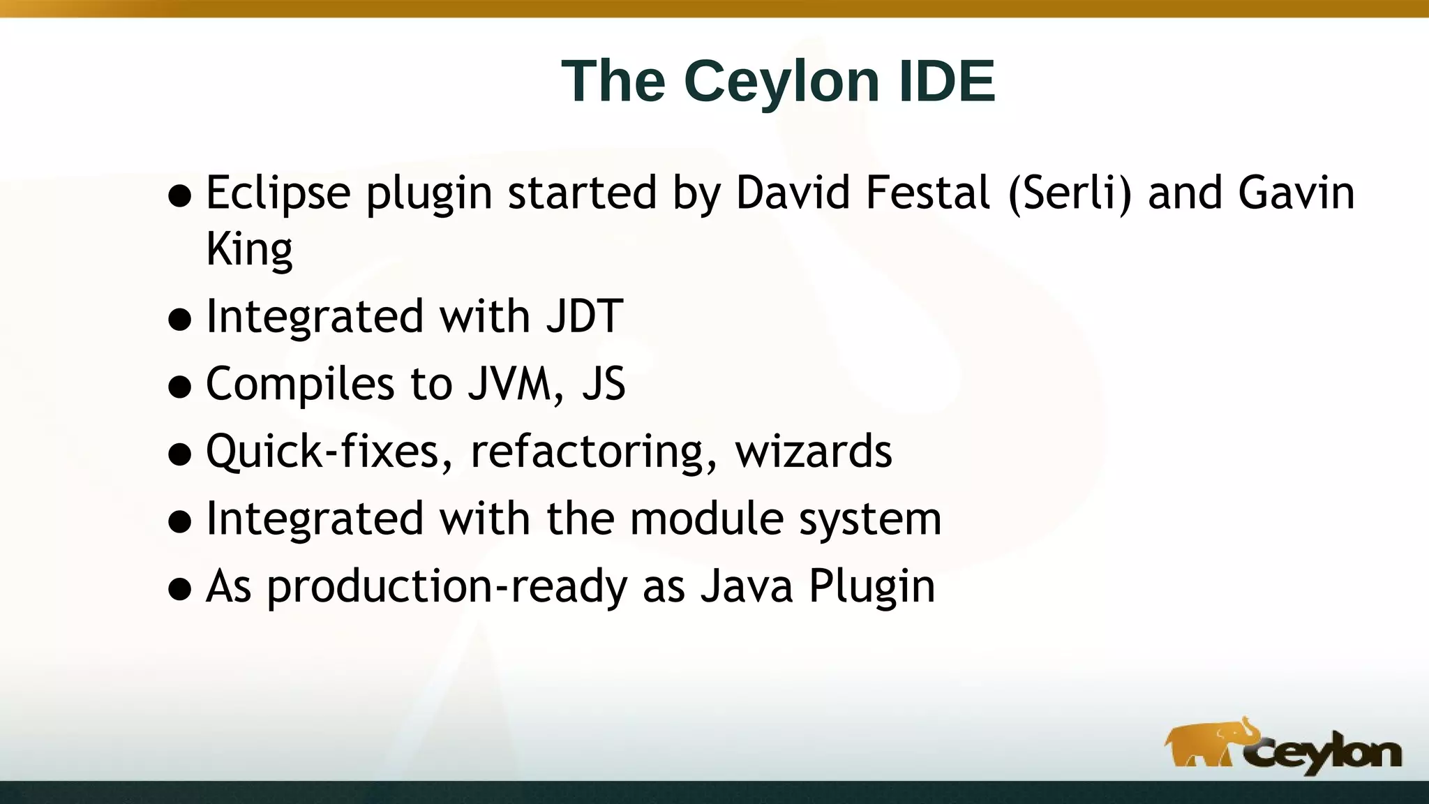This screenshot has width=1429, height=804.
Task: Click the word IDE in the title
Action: (945, 81)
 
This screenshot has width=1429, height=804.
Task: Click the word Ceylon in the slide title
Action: (782, 81)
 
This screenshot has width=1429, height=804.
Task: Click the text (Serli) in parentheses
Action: (1069, 193)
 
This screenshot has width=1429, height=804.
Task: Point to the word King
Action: (248, 250)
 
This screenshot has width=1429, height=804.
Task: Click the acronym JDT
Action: (584, 316)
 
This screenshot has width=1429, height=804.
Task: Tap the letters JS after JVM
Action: (604, 384)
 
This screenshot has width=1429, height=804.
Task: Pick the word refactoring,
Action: (593, 452)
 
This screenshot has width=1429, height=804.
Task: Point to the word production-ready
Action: (447, 586)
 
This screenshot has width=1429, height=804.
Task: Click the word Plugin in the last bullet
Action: (871, 586)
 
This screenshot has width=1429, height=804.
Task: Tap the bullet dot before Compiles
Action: (180, 387)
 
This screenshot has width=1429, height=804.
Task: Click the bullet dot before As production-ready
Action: (180, 589)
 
